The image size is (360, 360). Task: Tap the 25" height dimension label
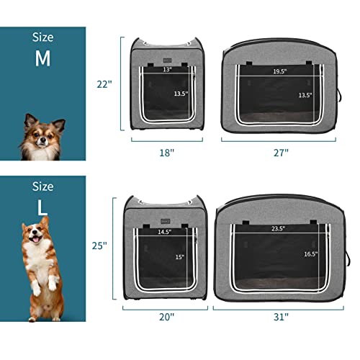(99, 246)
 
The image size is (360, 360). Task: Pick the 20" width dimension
(166, 315)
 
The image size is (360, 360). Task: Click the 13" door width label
(167, 71)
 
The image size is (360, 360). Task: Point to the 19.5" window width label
(280, 72)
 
